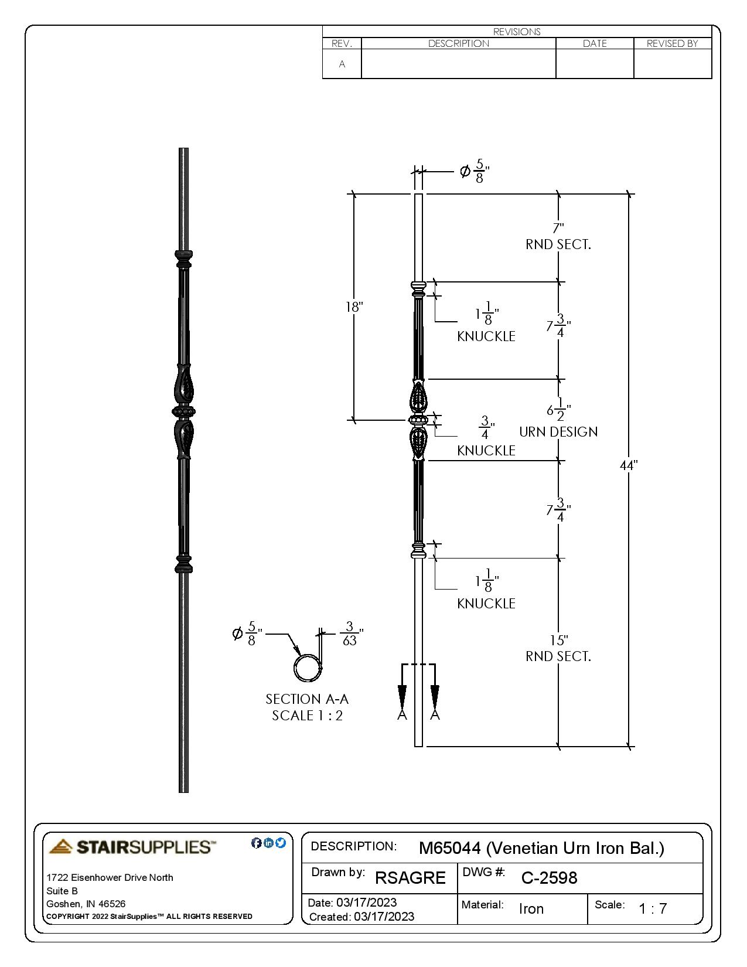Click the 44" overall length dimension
click(x=628, y=465)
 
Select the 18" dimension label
click(x=354, y=307)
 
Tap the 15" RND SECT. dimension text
click(x=558, y=649)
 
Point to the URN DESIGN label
click(x=558, y=432)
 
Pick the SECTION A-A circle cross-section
click(x=307, y=668)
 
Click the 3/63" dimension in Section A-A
click(x=350, y=634)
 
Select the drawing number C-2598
click(x=549, y=878)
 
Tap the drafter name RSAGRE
click(x=410, y=878)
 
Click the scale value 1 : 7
click(x=653, y=909)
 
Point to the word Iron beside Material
click(x=531, y=909)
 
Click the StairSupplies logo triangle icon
click(x=61, y=846)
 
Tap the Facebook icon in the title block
click(x=256, y=843)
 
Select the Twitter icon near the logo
click(x=281, y=843)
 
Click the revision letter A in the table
click(x=342, y=64)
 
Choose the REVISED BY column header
click(x=672, y=43)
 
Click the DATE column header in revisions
click(x=594, y=43)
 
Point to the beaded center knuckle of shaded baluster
click(x=184, y=412)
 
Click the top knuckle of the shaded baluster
click(x=183, y=258)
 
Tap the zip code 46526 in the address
click(x=113, y=904)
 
